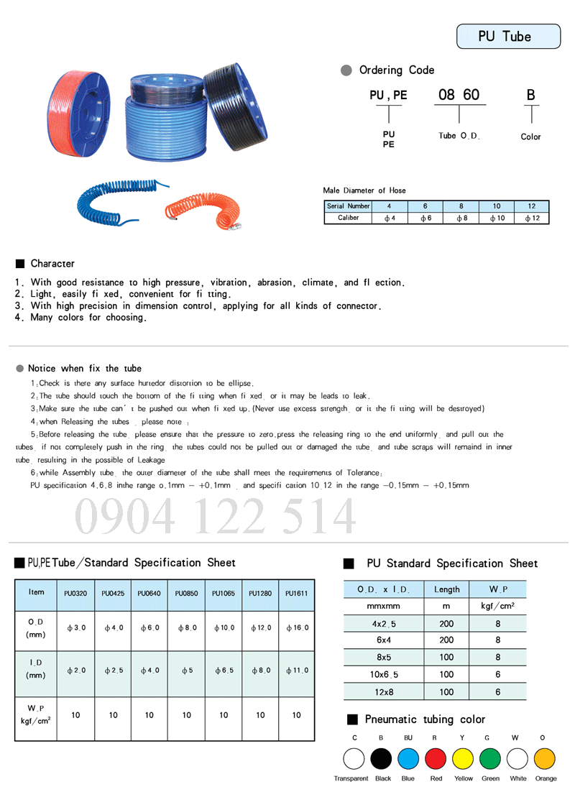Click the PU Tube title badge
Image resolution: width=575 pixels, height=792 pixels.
508,36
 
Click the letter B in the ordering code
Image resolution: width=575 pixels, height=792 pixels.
530,94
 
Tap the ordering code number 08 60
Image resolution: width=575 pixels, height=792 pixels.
459,94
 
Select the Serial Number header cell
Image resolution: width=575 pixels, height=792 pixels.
348,206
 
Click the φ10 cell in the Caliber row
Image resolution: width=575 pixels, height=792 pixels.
497,218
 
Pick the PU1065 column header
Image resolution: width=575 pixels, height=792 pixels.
223,594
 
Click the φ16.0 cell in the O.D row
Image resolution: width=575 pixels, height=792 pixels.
296,627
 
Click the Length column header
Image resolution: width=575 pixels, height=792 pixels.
446,589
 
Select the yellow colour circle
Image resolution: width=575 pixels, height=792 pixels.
463,758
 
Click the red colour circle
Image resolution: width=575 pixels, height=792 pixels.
436,758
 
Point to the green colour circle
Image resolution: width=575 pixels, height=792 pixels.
490,758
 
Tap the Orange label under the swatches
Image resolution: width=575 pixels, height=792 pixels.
546,778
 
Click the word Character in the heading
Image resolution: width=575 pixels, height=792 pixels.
52,263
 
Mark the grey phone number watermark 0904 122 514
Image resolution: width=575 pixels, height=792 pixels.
216,516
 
